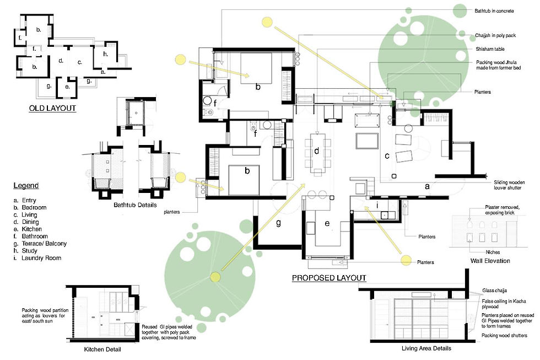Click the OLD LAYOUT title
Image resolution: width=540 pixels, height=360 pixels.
tap(52, 108)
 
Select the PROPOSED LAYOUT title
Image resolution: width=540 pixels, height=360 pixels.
tap(329, 278)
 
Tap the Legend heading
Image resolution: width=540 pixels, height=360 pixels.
tap(26, 185)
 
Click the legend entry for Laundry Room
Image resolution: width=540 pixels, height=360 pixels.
tap(37, 258)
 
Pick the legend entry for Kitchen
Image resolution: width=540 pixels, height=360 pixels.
tap(28, 229)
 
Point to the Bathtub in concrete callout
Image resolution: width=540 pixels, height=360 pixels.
tap(494, 11)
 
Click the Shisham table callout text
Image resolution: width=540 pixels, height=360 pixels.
tap(490, 49)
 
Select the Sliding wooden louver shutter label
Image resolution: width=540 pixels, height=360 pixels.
tap(509, 185)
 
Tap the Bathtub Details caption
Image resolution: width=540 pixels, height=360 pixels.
tap(135, 205)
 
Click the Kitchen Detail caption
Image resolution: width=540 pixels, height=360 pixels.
tap(102, 350)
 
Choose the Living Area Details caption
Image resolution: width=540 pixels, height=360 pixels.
tap(426, 348)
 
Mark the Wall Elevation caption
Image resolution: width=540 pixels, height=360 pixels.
tap(490, 261)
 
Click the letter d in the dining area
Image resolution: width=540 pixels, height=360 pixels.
tap(316, 151)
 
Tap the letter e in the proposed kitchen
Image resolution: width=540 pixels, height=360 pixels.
tap(327, 223)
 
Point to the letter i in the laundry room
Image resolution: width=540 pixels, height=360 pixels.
tap(377, 205)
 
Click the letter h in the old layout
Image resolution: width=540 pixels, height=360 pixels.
tap(106, 53)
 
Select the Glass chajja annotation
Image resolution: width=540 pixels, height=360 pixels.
tap(495, 291)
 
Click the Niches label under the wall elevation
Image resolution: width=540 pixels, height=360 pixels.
tap(493, 252)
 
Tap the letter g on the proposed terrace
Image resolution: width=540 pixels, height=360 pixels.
tap(278, 223)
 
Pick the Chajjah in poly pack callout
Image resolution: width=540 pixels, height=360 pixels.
tap(495, 35)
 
